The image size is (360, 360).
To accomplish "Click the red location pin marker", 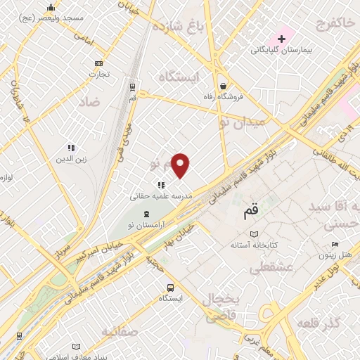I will (181, 165).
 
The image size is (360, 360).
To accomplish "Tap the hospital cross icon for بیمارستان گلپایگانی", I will (282, 37).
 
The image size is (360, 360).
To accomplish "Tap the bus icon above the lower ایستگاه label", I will (170, 287).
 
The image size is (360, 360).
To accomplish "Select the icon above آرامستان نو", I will (146, 213).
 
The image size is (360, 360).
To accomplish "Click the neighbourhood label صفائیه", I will (120, 330).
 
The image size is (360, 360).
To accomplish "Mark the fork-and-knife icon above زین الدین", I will (70, 148).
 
